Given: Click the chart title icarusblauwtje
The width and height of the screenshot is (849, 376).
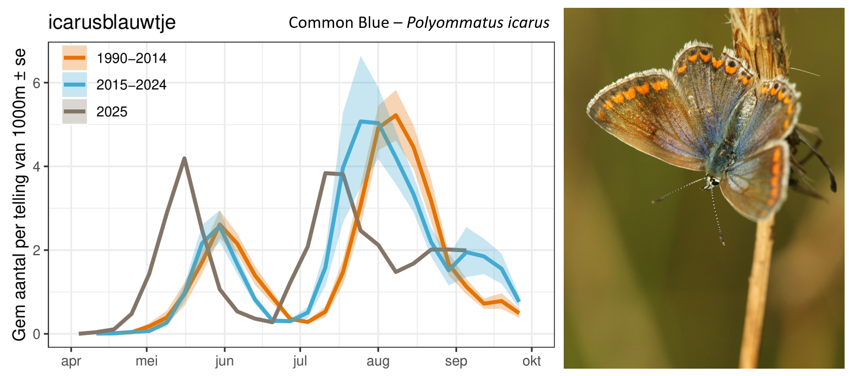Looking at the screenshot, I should [112, 22].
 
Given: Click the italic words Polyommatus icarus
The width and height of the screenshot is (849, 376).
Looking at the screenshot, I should [478, 23].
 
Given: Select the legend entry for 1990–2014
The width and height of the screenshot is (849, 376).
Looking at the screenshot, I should [131, 58].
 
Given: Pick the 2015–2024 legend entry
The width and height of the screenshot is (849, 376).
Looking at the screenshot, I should [131, 85].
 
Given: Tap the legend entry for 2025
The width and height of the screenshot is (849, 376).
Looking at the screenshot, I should [111, 112].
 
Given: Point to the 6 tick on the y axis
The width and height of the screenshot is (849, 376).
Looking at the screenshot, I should [37, 83].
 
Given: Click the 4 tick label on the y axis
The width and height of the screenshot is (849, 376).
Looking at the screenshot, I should [37, 167].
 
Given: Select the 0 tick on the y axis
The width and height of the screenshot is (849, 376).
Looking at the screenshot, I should [37, 334].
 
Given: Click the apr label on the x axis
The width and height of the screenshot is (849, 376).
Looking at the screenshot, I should [71, 361].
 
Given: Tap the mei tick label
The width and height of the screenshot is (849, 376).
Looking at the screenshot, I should [147, 361].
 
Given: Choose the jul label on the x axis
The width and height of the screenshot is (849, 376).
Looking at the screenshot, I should [300, 361].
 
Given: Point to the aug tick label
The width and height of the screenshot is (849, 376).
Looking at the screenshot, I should [378, 361].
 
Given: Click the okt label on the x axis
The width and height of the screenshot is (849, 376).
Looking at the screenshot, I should [531, 361].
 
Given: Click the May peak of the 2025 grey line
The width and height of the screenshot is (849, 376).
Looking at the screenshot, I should [184, 158].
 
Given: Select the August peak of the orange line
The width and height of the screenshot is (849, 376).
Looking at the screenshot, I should [395, 115].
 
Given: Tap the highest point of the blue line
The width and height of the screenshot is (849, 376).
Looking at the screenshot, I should [361, 121].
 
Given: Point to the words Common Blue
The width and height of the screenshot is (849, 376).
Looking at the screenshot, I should [339, 23].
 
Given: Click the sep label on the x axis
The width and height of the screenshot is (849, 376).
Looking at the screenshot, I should [456, 361].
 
